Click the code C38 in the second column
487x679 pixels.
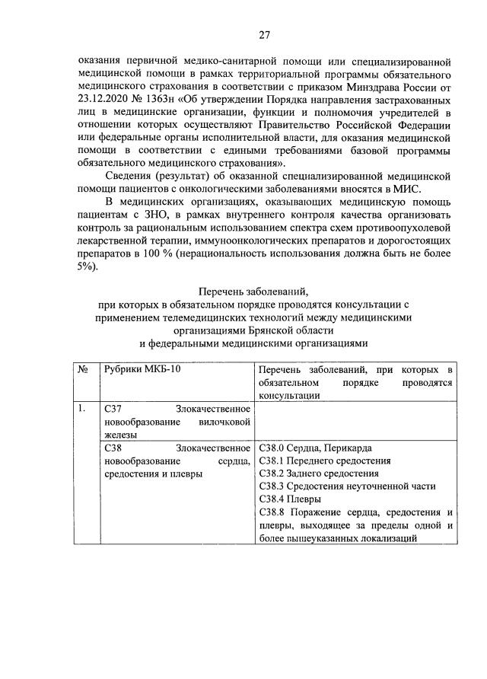point(112,448)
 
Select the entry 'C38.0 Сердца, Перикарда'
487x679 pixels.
point(315,448)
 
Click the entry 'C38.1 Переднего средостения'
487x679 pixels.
point(325,461)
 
